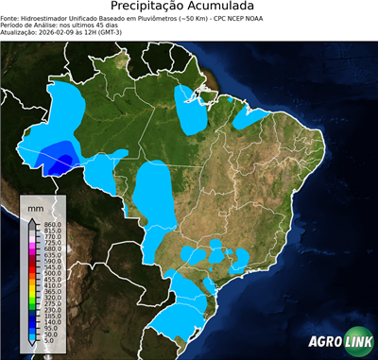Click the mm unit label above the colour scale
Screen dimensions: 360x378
point(36,207)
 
